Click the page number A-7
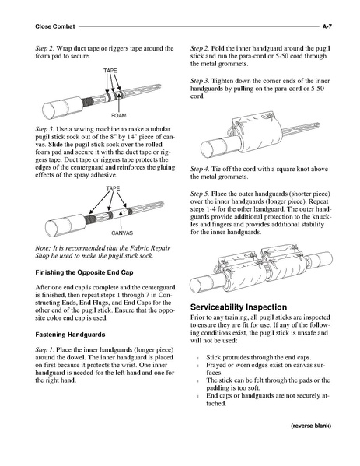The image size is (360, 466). tap(327, 26)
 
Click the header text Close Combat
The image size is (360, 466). tap(55, 26)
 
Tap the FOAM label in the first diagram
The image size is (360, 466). tap(118, 115)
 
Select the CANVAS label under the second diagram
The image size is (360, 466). tap(122, 233)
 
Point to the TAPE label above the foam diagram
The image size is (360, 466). tap(110, 71)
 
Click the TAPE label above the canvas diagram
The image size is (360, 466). tap(113, 188)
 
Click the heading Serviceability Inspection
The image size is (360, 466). tap(239, 307)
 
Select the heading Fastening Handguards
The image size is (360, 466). tap(70, 335)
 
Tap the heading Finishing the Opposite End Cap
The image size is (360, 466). tap(84, 272)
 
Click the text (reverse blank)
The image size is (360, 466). tap(311, 426)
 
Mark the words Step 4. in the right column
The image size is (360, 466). tap(200, 169)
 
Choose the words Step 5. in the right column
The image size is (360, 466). tap(200, 194)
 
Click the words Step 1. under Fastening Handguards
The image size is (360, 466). tap(44, 350)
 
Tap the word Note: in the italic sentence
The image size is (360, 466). tap(43, 248)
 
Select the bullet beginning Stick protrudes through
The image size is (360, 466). tap(259, 357)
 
